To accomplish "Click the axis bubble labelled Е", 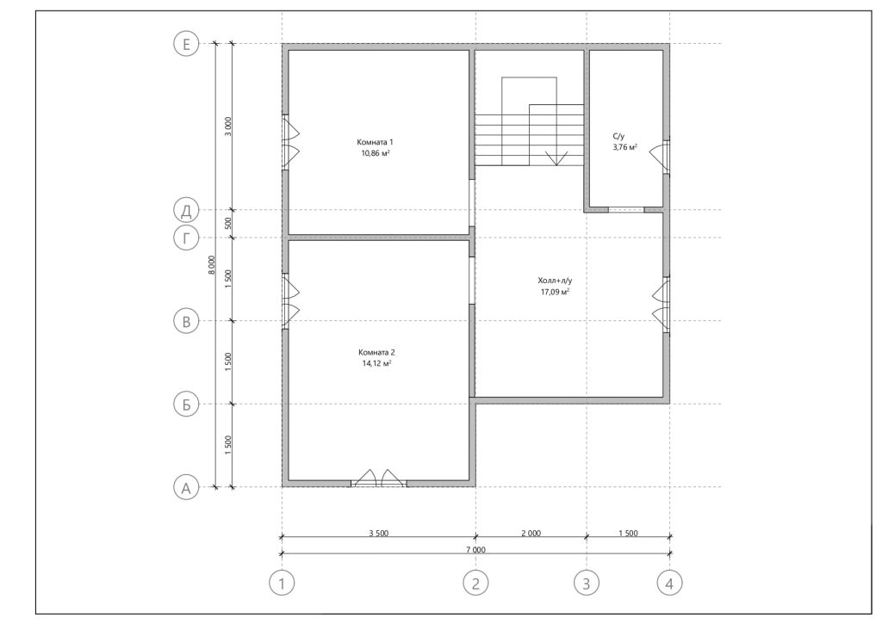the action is pyautogui.click(x=186, y=43).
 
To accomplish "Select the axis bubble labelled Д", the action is pyautogui.click(x=186, y=210).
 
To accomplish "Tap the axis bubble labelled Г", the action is pyautogui.click(x=186, y=238).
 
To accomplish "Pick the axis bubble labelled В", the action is pyautogui.click(x=186, y=321).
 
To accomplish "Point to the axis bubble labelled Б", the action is pyautogui.click(x=186, y=405).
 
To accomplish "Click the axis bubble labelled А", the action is pyautogui.click(x=186, y=487).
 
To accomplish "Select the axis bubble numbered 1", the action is pyautogui.click(x=282, y=584).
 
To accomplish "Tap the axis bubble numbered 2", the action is pyautogui.click(x=475, y=584).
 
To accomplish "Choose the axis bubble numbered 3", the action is pyautogui.click(x=586, y=584).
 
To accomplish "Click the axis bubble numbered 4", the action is pyautogui.click(x=669, y=584).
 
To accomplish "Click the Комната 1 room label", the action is pyautogui.click(x=376, y=142).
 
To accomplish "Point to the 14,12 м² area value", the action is pyautogui.click(x=377, y=363).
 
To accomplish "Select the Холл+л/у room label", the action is pyautogui.click(x=555, y=280).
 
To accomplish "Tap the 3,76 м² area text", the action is pyautogui.click(x=625, y=147).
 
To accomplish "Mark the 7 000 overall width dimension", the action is pyautogui.click(x=475, y=550).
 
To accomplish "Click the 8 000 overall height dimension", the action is pyautogui.click(x=212, y=265).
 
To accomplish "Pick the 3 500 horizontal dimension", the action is pyautogui.click(x=379, y=533).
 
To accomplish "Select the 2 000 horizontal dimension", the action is pyautogui.click(x=531, y=533).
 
